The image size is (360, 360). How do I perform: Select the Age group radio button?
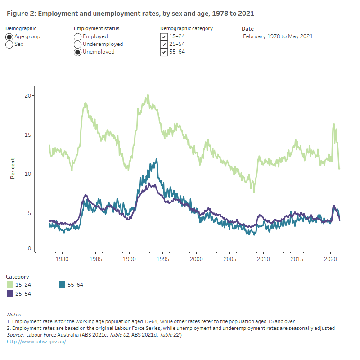pyautogui.click(x=9, y=36)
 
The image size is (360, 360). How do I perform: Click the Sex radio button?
pyautogui.click(x=9, y=45)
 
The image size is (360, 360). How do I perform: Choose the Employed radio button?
pyautogui.click(x=77, y=36)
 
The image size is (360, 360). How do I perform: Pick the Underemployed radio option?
pyautogui.click(x=77, y=44)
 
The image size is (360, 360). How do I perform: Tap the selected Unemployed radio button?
pyautogui.click(x=77, y=52)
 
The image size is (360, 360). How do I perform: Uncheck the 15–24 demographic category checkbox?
pyautogui.click(x=164, y=36)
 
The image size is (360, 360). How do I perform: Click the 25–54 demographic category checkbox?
pyautogui.click(x=164, y=44)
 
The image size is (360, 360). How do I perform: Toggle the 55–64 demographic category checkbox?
pyautogui.click(x=164, y=52)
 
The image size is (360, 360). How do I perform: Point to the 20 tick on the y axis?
pyautogui.click(x=28, y=96)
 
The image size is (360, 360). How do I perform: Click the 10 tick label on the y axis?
pyautogui.click(x=28, y=174)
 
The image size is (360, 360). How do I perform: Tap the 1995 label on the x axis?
pyautogui.click(x=162, y=259)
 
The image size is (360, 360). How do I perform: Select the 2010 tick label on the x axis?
pyautogui.click(x=263, y=259)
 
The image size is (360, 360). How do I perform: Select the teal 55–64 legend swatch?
pyautogui.click(x=63, y=284)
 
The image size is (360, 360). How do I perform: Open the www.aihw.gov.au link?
pyautogui.click(x=36, y=342)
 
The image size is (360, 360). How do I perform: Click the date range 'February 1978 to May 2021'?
pyautogui.click(x=278, y=36)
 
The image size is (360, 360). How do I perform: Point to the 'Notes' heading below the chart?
pyautogui.click(x=13, y=315)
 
